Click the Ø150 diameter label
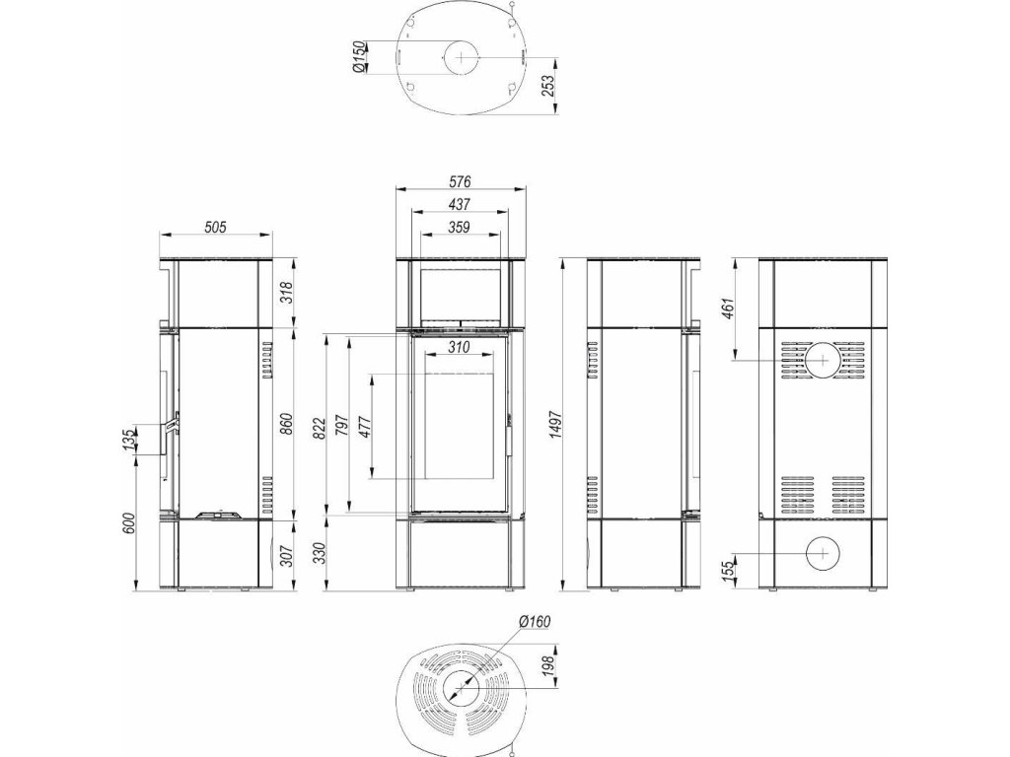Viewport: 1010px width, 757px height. [359, 57]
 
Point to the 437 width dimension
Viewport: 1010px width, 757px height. [461, 204]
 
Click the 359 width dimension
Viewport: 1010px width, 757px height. [460, 227]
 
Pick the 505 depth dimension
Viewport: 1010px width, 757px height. [215, 227]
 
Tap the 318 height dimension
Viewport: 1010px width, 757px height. [288, 292]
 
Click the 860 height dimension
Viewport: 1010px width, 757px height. [288, 422]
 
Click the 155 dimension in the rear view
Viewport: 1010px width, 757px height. [729, 571]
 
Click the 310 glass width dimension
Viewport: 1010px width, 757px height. [459, 347]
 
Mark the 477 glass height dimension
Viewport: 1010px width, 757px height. [365, 426]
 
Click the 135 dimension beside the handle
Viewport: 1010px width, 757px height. [129, 441]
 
